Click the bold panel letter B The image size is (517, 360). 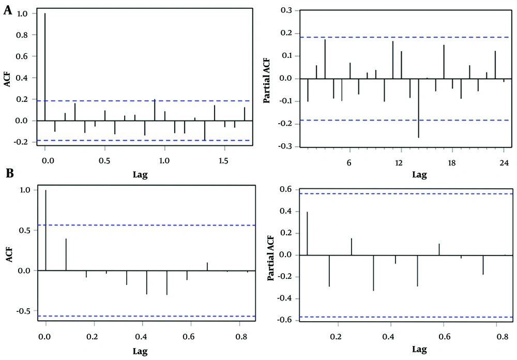(8, 173)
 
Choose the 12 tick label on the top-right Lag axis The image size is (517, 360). (399, 162)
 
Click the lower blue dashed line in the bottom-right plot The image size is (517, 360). (403, 317)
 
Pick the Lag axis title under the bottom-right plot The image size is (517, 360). (419, 350)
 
